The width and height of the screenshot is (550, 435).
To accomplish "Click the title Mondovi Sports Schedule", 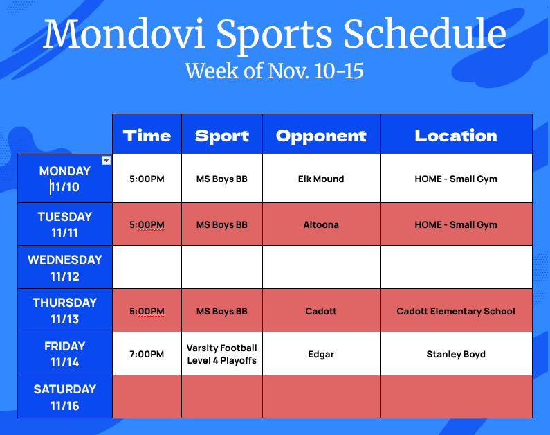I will click(x=274, y=35).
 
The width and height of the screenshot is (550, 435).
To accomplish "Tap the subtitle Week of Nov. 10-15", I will click(x=274, y=71).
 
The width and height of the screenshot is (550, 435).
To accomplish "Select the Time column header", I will click(x=147, y=136).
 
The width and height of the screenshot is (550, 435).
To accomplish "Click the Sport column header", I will click(x=222, y=136).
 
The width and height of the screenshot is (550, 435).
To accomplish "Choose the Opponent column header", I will click(x=321, y=136).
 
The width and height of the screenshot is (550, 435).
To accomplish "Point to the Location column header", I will click(x=456, y=136).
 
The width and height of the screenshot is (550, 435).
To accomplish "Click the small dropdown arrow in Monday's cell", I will click(x=106, y=161).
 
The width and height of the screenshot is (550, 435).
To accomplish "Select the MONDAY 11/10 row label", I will click(x=64, y=179).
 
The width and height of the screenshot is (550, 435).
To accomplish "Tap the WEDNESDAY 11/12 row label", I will click(x=64, y=268).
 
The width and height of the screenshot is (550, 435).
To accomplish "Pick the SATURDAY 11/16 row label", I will click(x=64, y=397).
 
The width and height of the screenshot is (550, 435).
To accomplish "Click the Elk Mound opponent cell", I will click(x=321, y=179).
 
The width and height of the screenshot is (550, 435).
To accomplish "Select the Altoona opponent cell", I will click(x=321, y=224).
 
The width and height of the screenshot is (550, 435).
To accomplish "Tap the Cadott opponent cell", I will click(x=321, y=311).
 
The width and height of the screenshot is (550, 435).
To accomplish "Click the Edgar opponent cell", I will click(x=321, y=354).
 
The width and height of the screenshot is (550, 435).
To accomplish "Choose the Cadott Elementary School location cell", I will click(x=456, y=311).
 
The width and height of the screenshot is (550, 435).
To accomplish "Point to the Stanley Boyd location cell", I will click(x=456, y=354).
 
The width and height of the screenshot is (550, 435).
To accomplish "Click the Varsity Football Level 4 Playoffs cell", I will click(x=222, y=354).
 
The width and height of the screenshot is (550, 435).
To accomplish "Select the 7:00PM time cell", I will click(x=147, y=354).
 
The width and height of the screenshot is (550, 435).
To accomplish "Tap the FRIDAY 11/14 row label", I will click(x=64, y=354).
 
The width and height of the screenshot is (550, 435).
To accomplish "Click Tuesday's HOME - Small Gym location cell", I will click(x=456, y=224).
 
